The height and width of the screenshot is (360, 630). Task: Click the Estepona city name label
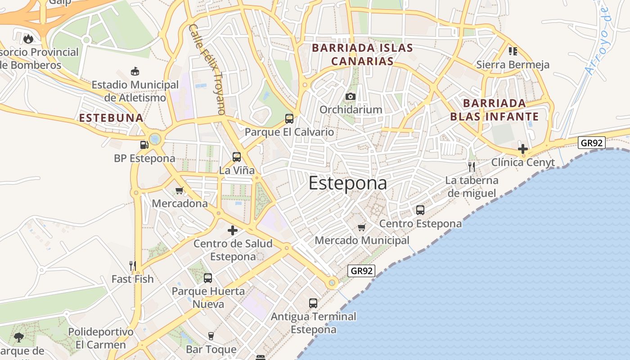pyautogui.click(x=347, y=184)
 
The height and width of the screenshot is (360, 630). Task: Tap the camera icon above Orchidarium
pyautogui.click(x=351, y=96)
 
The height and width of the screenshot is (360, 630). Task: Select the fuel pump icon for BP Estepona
pyautogui.click(x=144, y=145)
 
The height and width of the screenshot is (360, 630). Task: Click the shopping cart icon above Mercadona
pyautogui.click(x=180, y=190)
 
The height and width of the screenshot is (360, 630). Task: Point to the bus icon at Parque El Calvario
pyautogui.click(x=289, y=119)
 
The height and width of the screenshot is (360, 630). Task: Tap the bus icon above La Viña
pyautogui.click(x=237, y=157)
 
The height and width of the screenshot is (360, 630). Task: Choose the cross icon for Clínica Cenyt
pyautogui.click(x=522, y=149)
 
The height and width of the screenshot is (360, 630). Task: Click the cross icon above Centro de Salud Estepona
pyautogui.click(x=233, y=230)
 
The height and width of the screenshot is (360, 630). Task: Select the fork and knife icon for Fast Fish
pyautogui.click(x=132, y=265)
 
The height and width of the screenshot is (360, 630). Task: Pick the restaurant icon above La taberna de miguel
pyautogui.click(x=472, y=167)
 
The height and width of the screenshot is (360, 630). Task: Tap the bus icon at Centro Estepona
pyautogui.click(x=420, y=210)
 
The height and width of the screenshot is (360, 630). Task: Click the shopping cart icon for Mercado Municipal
pyautogui.click(x=362, y=227)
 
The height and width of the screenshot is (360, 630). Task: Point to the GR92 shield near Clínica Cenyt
pyautogui.click(x=592, y=143)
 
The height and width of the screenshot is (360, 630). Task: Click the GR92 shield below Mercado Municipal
pyautogui.click(x=361, y=271)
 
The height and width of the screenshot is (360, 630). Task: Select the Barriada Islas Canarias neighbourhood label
pyautogui.click(x=362, y=54)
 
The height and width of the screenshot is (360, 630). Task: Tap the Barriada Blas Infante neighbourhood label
pyautogui.click(x=495, y=110)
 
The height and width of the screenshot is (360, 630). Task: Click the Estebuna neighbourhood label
pyautogui.click(x=111, y=118)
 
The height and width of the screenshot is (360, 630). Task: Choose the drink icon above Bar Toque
pyautogui.click(x=211, y=336)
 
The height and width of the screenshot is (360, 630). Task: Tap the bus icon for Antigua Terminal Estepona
pyautogui.click(x=313, y=303)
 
